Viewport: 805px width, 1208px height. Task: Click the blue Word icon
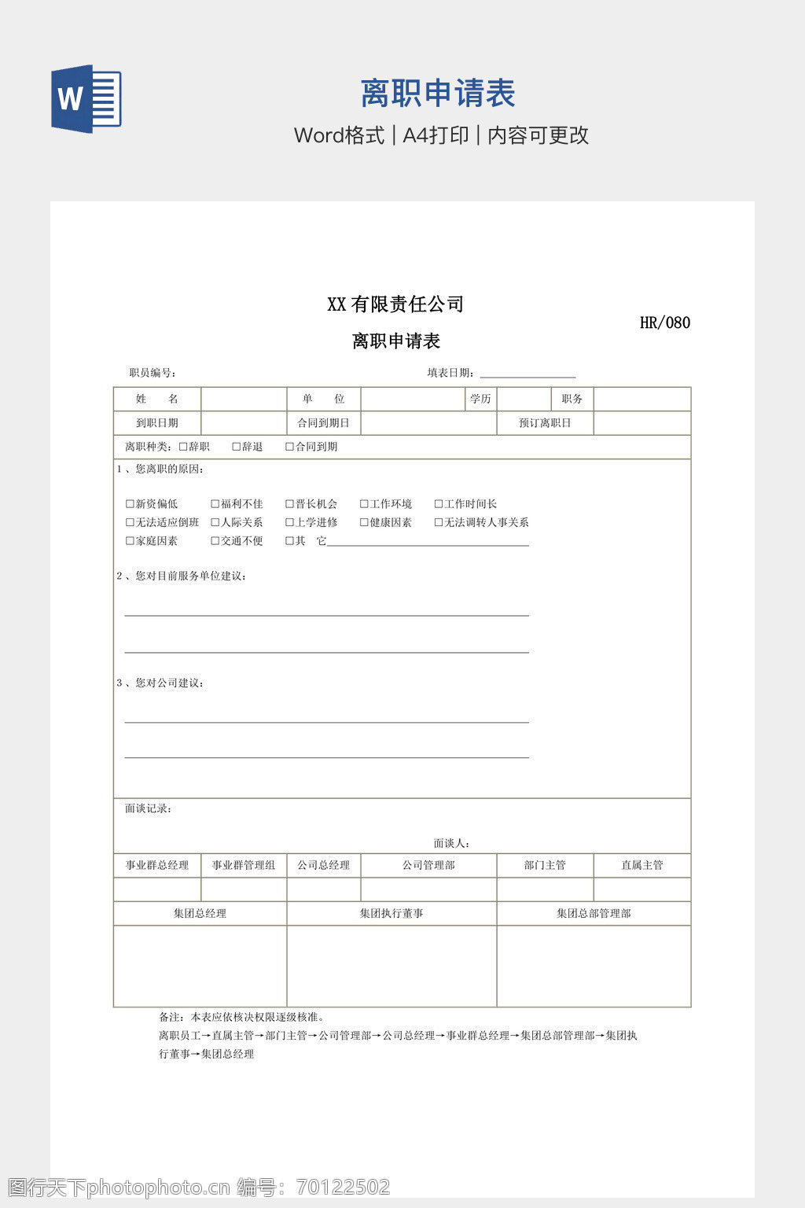(x=86, y=99)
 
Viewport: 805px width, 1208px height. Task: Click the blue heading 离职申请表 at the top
(x=437, y=94)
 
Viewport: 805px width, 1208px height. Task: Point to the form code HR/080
(x=664, y=322)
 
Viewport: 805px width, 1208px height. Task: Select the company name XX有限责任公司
(x=395, y=304)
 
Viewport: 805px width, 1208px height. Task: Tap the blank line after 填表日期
(x=527, y=374)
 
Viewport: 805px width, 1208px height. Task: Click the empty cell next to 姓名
(x=244, y=400)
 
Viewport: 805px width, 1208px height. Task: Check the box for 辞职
(x=183, y=447)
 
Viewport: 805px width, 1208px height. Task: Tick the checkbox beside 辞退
(x=237, y=447)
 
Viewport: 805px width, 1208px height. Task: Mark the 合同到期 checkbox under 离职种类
(x=289, y=447)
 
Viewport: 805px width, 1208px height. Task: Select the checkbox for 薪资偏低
(x=130, y=504)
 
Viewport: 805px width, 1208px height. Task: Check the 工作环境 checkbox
(x=364, y=504)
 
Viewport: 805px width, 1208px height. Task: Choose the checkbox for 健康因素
(x=364, y=522)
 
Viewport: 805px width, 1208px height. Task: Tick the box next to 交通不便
(x=215, y=541)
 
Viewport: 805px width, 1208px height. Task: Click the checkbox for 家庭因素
(x=130, y=541)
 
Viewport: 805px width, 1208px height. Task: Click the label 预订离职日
(x=545, y=423)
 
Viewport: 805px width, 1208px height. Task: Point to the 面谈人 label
(x=451, y=843)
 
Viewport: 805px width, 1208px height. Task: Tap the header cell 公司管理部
(x=428, y=865)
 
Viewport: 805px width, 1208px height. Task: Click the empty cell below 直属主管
(x=641, y=889)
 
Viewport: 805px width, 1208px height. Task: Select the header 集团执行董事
(x=391, y=913)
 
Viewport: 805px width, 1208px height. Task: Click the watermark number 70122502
(x=344, y=1187)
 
